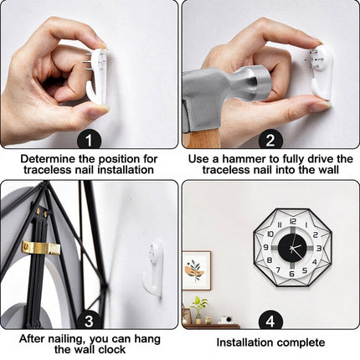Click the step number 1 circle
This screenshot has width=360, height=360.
(89, 140)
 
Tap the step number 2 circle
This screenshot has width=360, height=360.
(270, 140)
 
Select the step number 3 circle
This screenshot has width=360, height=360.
(89, 321)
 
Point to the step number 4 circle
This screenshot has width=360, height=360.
(270, 321)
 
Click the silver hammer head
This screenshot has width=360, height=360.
(224, 90)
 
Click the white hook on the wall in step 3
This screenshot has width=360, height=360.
(153, 264)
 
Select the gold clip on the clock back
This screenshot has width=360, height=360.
(41, 247)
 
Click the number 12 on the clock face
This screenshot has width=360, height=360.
(293, 221)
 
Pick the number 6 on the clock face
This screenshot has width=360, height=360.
(292, 274)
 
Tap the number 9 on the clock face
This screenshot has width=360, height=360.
(266, 247)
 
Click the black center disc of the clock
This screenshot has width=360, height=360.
(292, 247)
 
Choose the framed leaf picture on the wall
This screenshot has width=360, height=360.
(197, 270)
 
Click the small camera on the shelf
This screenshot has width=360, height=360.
(228, 319)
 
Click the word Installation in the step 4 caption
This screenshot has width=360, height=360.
(244, 342)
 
